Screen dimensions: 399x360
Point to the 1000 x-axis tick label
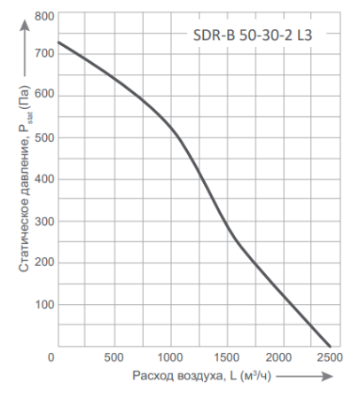(170, 357)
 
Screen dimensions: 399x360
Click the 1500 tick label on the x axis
(226, 357)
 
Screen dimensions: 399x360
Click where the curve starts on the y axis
(58, 42)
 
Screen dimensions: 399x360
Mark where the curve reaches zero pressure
(330, 346)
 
